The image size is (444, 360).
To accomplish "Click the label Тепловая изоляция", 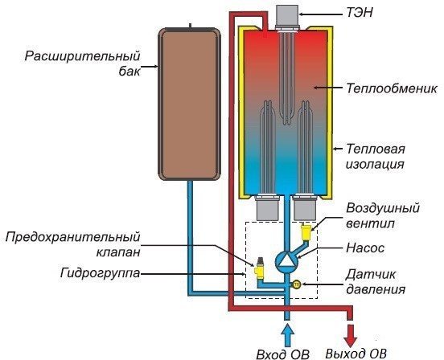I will pyautogui.click(x=375, y=156).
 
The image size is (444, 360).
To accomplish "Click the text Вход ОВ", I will pyautogui.click(x=281, y=353).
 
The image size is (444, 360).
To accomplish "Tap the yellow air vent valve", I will pyautogui.click(x=305, y=234).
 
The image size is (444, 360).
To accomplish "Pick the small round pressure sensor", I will pyautogui.click(x=295, y=284).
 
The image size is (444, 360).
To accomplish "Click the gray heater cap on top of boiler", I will pyautogui.click(x=287, y=16).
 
